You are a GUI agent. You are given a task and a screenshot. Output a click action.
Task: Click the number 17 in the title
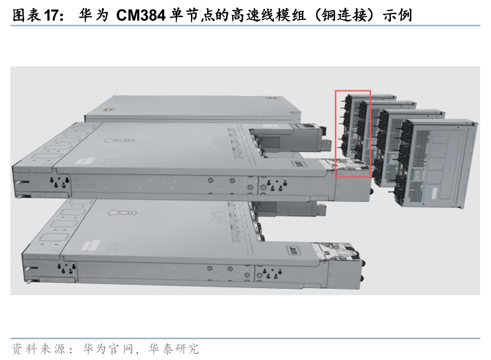tap(51, 15)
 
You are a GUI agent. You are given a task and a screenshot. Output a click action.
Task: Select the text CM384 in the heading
tap(141, 15)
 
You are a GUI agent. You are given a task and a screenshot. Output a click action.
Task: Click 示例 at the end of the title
tap(397, 15)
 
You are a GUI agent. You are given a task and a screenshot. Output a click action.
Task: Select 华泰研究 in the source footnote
tap(174, 349)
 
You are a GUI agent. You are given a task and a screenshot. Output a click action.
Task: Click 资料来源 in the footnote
tap(38, 349)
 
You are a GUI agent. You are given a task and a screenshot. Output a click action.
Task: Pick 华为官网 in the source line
tap(109, 349)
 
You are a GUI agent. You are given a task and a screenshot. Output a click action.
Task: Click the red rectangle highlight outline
tap(336, 134)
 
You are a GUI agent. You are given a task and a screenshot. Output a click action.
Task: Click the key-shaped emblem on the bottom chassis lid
tap(122, 213)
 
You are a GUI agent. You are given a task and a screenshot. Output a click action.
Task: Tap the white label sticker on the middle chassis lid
tap(85, 161)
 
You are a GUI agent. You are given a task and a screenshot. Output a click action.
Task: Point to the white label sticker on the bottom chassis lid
tap(91, 245)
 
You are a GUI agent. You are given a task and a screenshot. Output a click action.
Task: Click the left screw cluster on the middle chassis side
tap(60, 182)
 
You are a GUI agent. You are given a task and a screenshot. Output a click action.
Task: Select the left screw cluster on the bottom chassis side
tap(66, 268)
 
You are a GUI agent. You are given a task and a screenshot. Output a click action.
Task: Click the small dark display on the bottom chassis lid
tap(294, 251)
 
